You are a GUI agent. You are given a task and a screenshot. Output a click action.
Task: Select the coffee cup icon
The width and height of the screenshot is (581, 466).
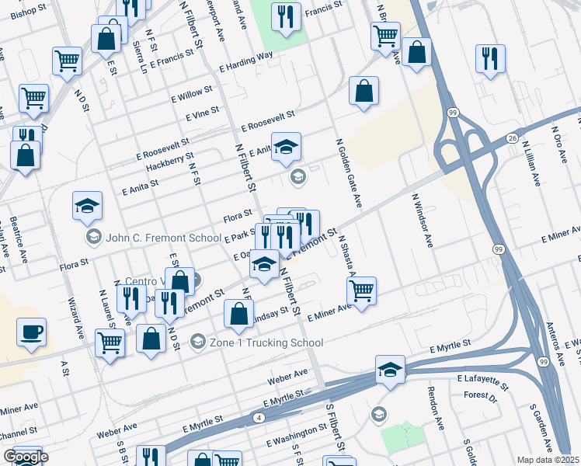[31, 332]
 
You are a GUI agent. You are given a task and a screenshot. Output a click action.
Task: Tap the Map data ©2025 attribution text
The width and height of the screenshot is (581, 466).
[548, 460]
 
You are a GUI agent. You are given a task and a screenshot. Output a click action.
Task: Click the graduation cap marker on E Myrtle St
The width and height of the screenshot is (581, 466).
[390, 370]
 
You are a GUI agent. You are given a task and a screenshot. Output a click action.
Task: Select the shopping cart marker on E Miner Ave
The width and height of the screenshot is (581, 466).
[361, 291]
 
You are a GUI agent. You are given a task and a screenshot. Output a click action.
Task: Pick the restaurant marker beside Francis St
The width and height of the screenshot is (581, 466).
[286, 16]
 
